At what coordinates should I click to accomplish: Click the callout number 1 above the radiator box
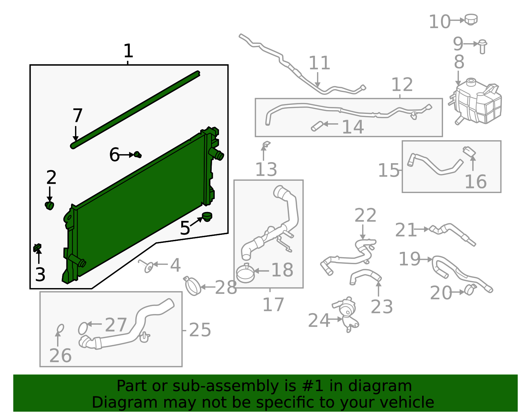pyautogui.click(x=128, y=51)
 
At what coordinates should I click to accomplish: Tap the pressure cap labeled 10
pyautogui.click(x=471, y=19)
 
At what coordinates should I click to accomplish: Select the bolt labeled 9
pyautogui.click(x=483, y=46)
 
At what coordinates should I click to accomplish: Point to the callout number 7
pyautogui.click(x=77, y=115)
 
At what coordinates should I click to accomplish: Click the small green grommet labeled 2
pyautogui.click(x=49, y=205)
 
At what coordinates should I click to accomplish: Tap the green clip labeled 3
pyautogui.click(x=38, y=248)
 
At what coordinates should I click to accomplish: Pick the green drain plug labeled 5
pyautogui.click(x=207, y=217)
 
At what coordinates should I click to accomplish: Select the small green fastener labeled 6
pyautogui.click(x=138, y=155)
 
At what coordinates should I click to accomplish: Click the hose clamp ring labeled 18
pyautogui.click(x=245, y=273)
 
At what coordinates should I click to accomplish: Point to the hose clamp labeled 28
pyautogui.click(x=192, y=286)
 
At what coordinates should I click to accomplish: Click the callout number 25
pyautogui.click(x=200, y=330)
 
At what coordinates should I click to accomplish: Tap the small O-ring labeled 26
pyautogui.click(x=60, y=329)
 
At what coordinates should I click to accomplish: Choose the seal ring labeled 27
pyautogui.click(x=83, y=328)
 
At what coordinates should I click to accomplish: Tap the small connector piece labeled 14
pyautogui.click(x=317, y=126)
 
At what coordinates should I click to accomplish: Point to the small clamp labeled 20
pyautogui.click(x=470, y=289)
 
